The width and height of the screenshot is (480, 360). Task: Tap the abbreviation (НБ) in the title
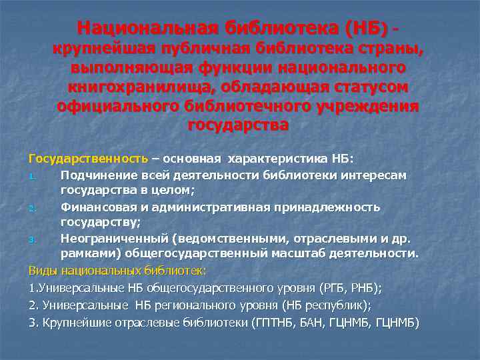click(x=365, y=28)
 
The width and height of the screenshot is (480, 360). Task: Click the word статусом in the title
click(x=371, y=87)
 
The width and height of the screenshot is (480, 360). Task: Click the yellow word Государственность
click(x=88, y=159)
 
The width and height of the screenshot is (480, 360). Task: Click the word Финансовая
click(x=95, y=207)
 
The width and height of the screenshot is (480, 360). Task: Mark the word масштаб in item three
click(x=306, y=253)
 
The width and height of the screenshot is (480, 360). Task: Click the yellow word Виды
click(x=42, y=270)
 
